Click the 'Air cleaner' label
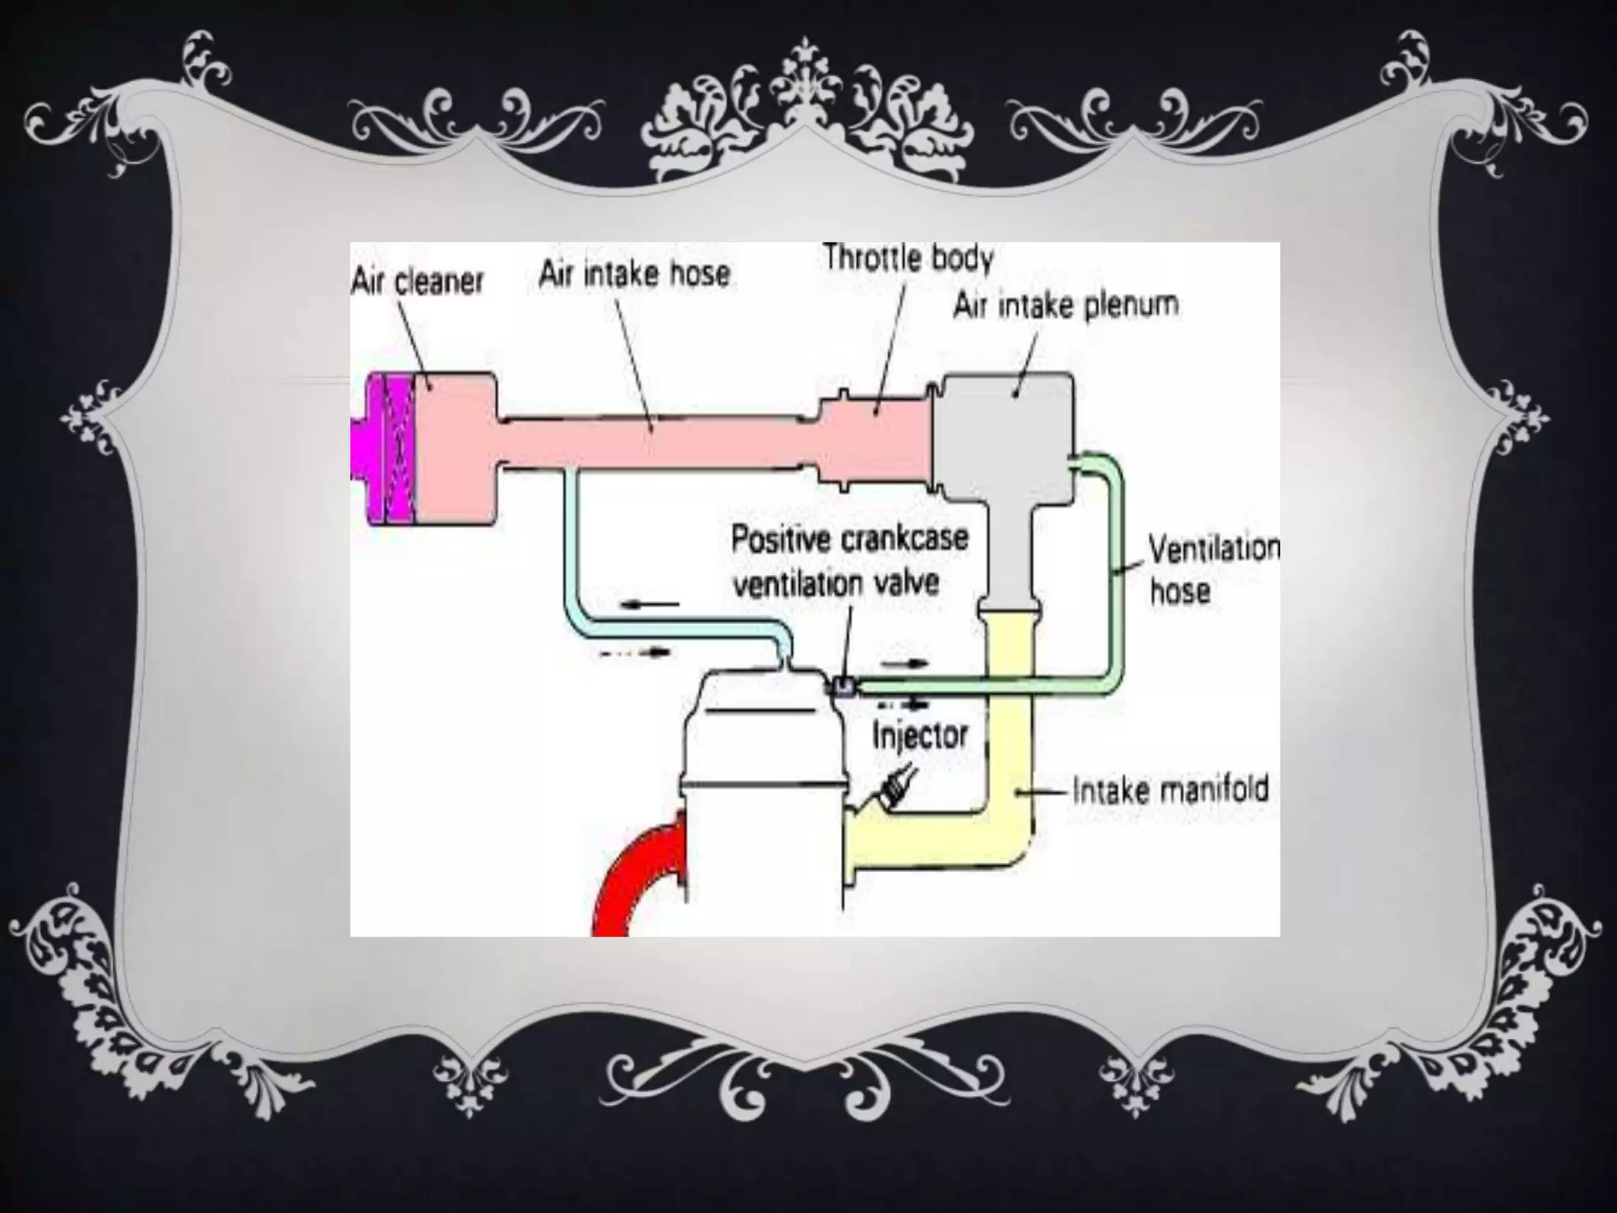(x=416, y=281)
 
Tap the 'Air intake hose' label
(x=634, y=274)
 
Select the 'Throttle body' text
(x=908, y=258)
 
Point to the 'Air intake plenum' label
(x=1066, y=305)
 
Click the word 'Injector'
(x=920, y=735)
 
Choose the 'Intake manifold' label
(x=1170, y=790)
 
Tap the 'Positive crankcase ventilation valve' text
(x=849, y=561)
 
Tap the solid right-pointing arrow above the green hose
(x=904, y=663)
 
